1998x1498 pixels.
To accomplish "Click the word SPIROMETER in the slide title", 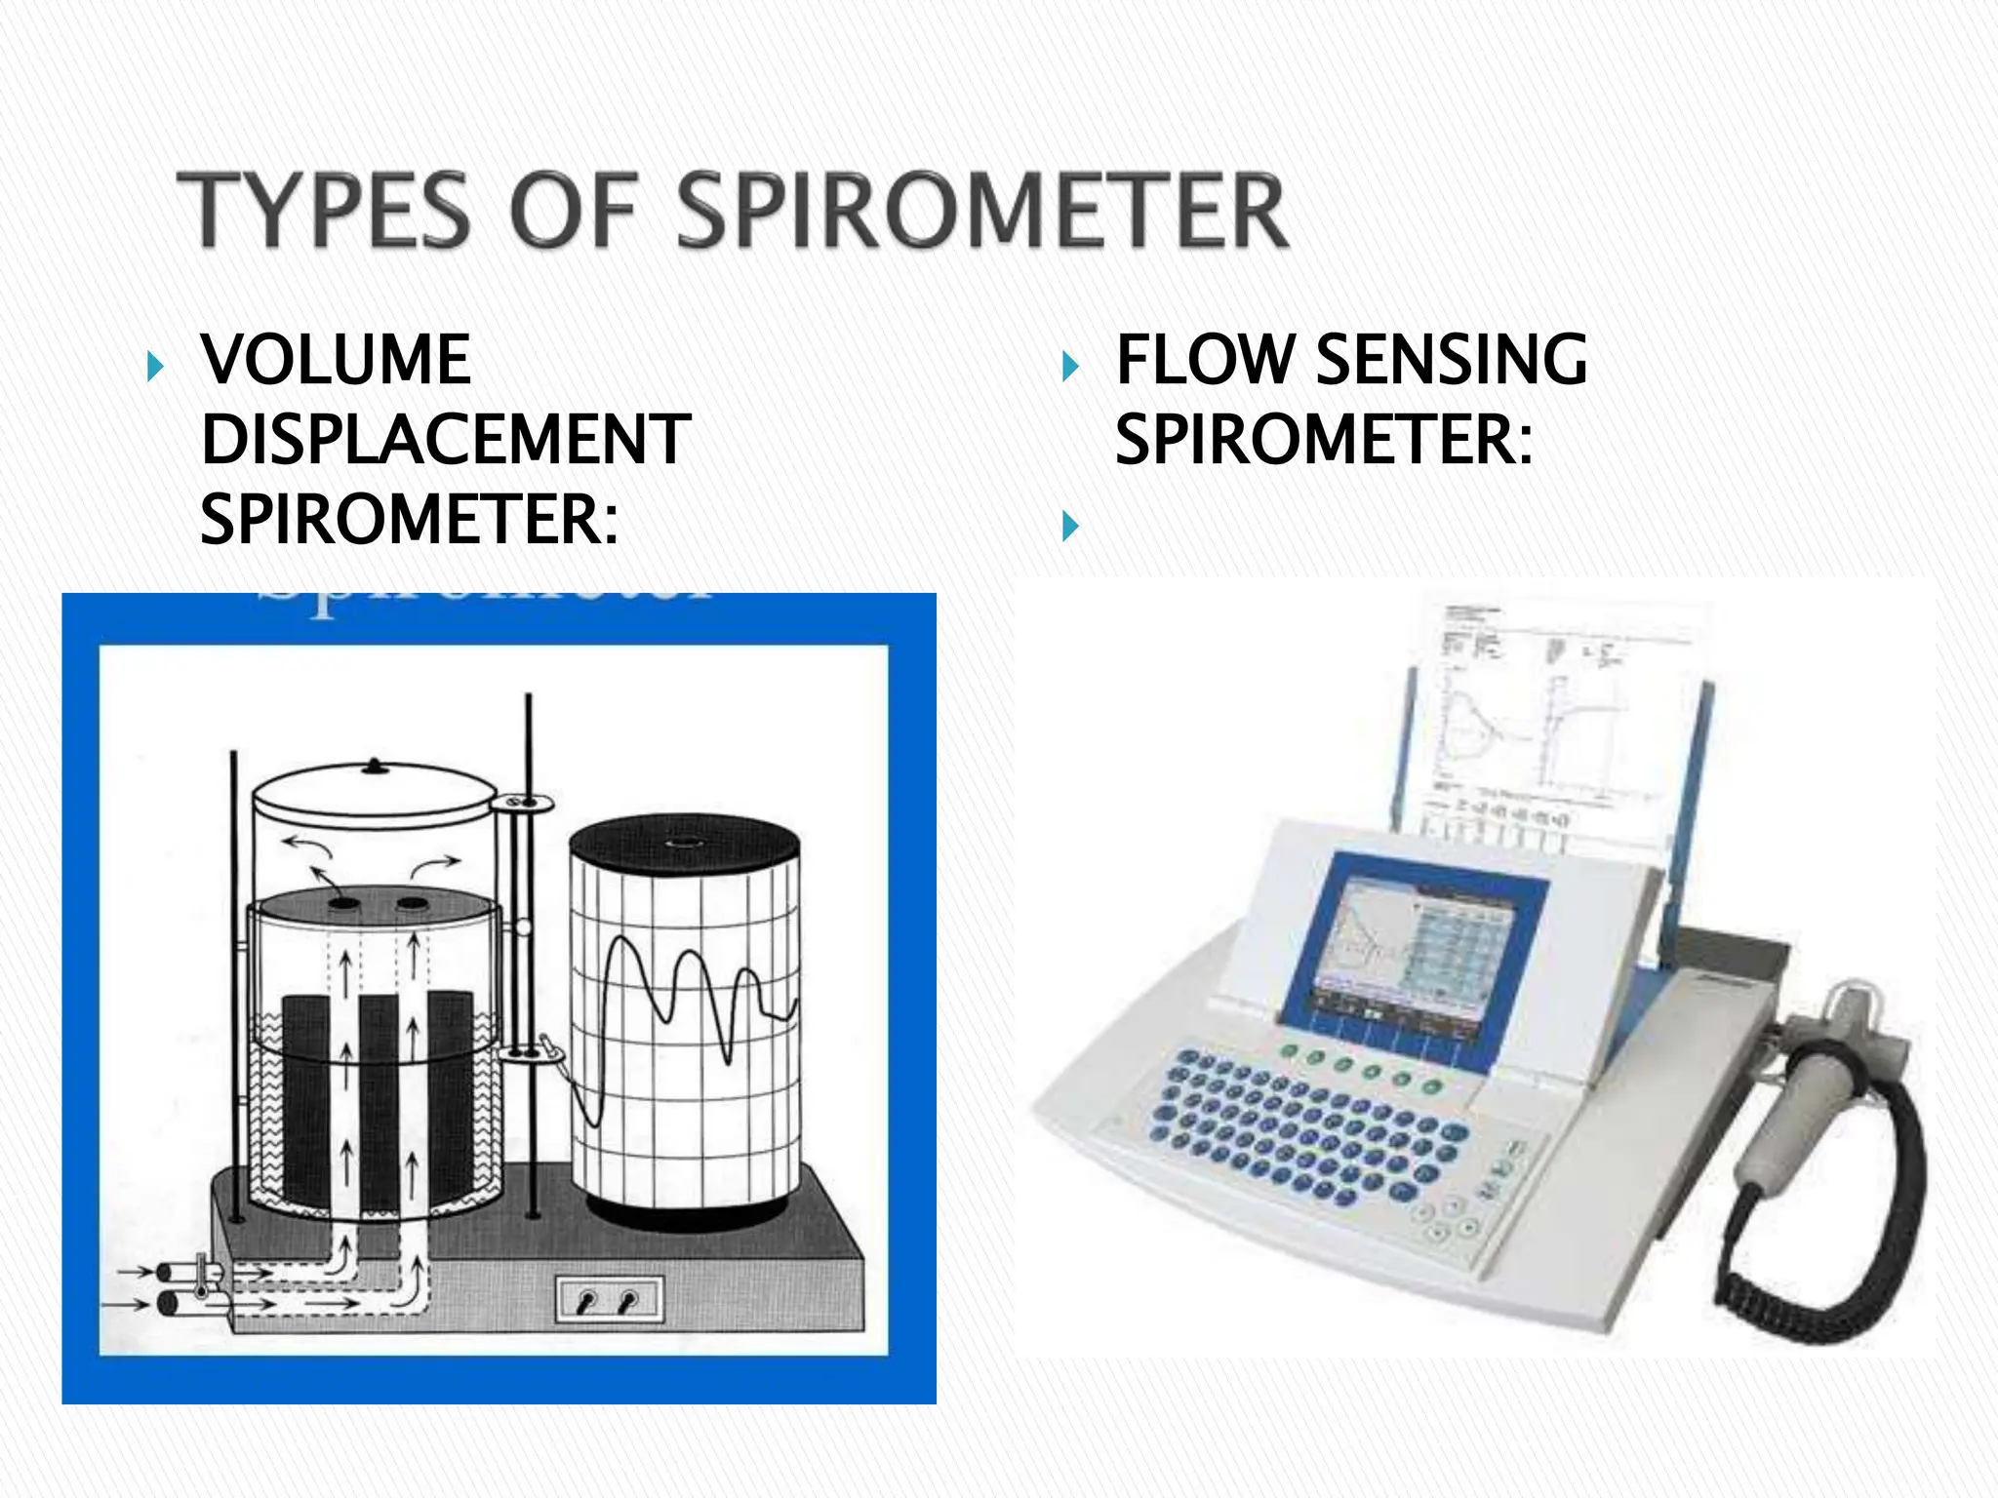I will click(x=981, y=210).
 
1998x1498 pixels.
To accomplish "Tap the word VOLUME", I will click(x=337, y=360).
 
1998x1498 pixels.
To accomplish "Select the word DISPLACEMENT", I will click(x=446, y=440).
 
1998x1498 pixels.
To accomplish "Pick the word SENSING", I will click(x=1452, y=360).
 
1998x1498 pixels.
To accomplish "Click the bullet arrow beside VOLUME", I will click(x=155, y=368).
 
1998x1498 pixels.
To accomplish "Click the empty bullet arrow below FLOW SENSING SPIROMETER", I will click(x=1070, y=527).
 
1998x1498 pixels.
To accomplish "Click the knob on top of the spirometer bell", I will click(x=376, y=768).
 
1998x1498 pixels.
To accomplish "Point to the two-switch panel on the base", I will click(x=609, y=1300).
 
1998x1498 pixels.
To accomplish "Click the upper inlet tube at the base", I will click(x=180, y=1273).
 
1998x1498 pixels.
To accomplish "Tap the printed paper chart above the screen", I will click(x=1551, y=722).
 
